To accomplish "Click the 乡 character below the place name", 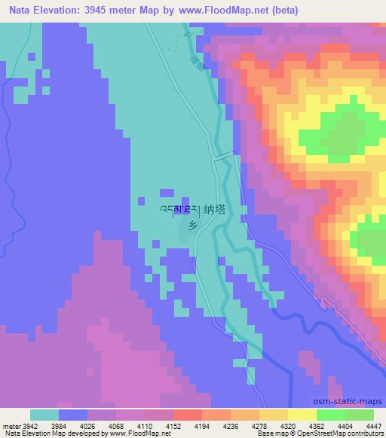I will pos(193,225).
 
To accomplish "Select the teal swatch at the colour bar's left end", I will pos(44,415).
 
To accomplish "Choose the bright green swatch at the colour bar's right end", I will pos(359,415).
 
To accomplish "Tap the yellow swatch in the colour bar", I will pos(302,415).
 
